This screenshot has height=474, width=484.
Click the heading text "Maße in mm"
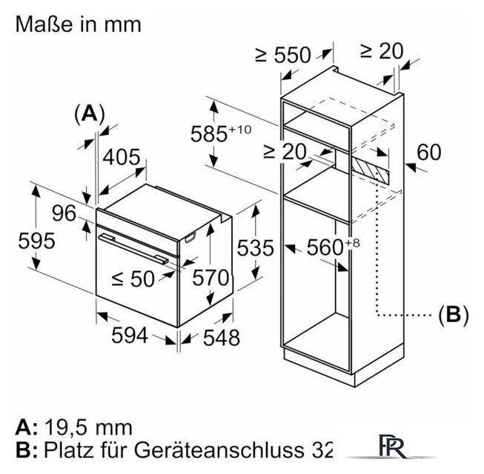tap(77, 24)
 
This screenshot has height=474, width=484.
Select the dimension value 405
tap(122, 157)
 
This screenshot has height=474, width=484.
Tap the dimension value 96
tap(64, 213)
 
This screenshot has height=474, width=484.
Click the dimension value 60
tap(428, 152)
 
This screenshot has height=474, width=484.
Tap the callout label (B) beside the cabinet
tap(453, 315)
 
